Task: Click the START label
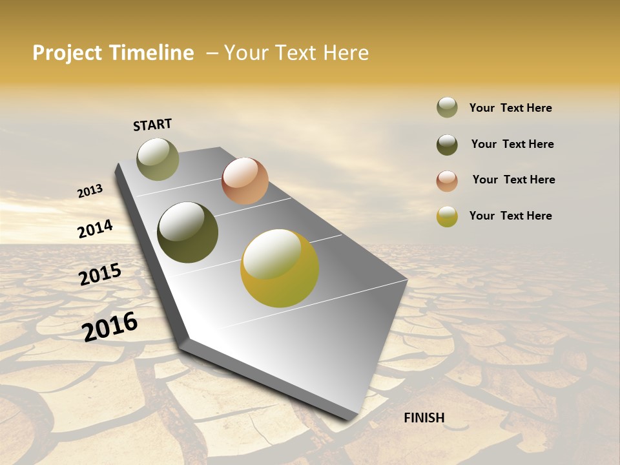tap(152, 125)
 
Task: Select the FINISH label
tap(424, 418)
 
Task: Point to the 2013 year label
tap(90, 191)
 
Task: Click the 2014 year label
tap(95, 229)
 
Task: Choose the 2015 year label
tap(100, 274)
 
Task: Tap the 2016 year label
tap(110, 326)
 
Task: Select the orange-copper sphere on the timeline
tap(245, 181)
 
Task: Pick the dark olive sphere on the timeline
tap(188, 232)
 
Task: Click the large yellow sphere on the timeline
tap(280, 268)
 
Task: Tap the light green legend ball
tap(447, 108)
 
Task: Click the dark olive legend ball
tap(447, 145)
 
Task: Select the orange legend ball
tap(447, 181)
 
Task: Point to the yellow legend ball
tap(447, 216)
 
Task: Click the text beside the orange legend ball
tap(513, 180)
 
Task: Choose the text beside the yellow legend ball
tap(510, 216)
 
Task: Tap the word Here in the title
tap(345, 53)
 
